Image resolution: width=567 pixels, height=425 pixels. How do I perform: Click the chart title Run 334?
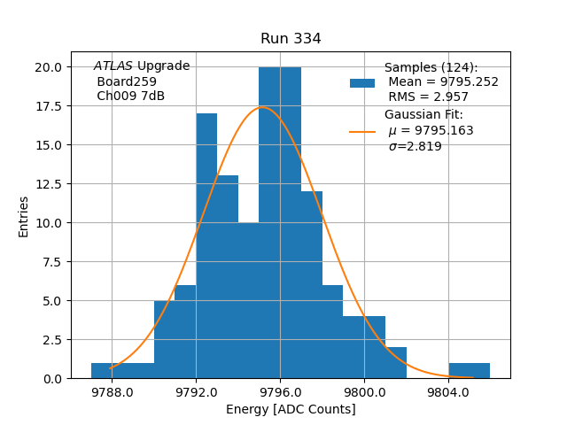(x=291, y=39)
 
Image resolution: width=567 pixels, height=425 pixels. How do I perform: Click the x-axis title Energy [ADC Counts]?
(x=291, y=409)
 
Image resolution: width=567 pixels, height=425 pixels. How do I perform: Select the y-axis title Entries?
(x=24, y=216)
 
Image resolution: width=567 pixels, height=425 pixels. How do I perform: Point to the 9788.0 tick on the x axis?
(x=112, y=391)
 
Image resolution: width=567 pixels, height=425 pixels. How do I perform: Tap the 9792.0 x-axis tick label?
(x=196, y=391)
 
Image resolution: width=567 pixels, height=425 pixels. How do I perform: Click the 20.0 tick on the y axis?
(x=48, y=67)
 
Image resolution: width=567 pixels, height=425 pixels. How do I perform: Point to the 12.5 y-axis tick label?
(x=48, y=184)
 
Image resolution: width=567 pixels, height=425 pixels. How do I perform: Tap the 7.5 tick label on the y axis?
(x=51, y=262)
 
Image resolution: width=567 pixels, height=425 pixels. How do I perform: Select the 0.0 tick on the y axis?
(x=51, y=379)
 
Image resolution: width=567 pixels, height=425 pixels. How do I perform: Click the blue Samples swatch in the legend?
(x=362, y=82)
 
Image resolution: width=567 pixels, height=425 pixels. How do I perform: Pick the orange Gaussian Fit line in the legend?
(x=362, y=131)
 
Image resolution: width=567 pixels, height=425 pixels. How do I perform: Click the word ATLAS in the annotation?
(x=113, y=66)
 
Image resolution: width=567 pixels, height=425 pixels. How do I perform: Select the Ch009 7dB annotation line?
(x=130, y=97)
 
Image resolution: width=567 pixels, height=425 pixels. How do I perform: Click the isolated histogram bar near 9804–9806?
(x=469, y=371)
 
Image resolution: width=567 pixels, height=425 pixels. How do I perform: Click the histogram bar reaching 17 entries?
(x=206, y=246)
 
